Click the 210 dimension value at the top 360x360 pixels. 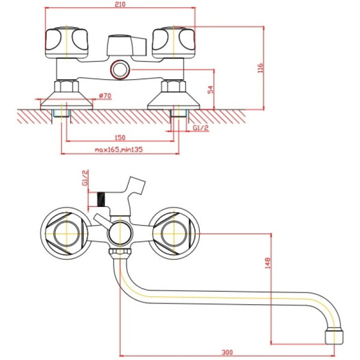pyautogui.click(x=121, y=5)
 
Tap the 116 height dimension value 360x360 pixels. pyautogui.click(x=260, y=68)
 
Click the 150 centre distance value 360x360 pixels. pyautogui.click(x=120, y=137)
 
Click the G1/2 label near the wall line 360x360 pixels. pyautogui.click(x=200, y=128)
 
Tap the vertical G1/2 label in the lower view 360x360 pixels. pyautogui.click(x=85, y=179)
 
